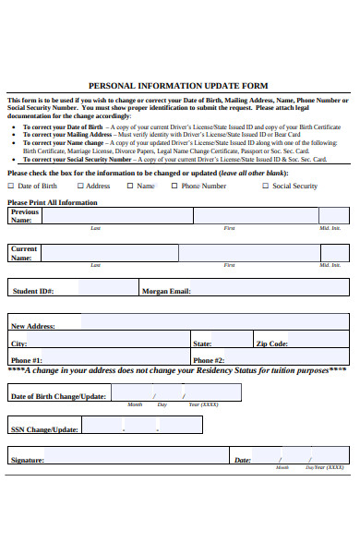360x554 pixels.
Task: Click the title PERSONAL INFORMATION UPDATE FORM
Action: (179, 85)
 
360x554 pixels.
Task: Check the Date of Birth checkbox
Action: (11, 186)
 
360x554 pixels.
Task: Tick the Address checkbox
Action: (79, 186)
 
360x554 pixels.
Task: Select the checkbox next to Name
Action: (130, 186)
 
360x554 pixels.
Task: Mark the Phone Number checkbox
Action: (174, 186)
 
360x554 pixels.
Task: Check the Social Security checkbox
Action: (265, 186)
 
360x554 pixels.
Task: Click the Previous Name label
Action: (25, 216)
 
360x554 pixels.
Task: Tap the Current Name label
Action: (24, 253)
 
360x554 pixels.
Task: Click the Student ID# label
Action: (33, 291)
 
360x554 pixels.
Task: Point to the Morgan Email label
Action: (165, 291)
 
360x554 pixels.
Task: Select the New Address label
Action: (32, 326)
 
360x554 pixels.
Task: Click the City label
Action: (18, 343)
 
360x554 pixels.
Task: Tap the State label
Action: (202, 343)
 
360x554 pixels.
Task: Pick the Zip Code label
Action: (272, 343)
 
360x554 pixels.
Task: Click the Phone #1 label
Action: (26, 360)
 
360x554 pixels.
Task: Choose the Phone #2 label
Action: (209, 360)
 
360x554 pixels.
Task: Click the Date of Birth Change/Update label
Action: (57, 396)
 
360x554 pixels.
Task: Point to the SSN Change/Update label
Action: (43, 429)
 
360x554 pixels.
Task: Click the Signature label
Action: (27, 459)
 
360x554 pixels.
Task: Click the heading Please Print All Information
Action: (52, 202)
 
